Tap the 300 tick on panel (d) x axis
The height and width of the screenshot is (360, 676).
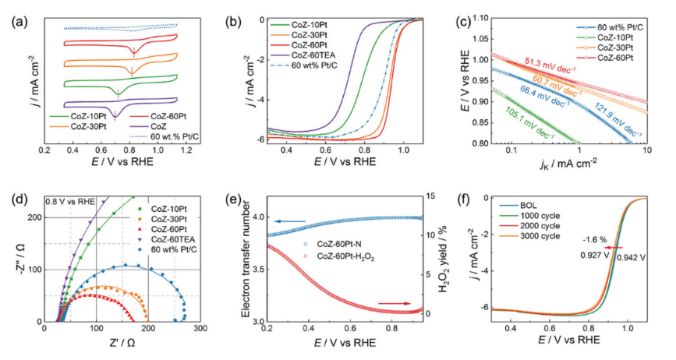pos(200,330)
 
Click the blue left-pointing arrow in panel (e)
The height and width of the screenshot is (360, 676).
pos(270,221)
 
